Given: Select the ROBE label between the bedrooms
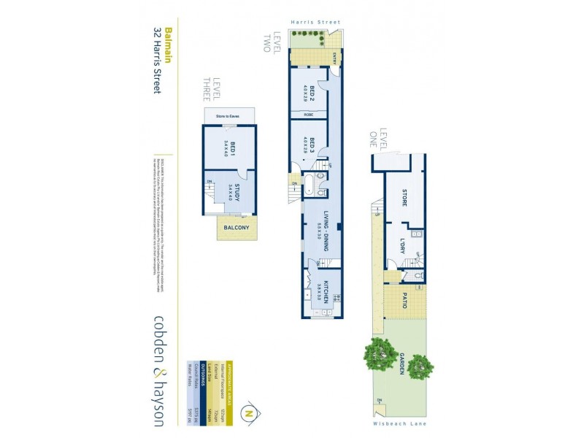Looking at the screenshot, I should (309, 115).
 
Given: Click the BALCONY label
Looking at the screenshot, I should (237, 227).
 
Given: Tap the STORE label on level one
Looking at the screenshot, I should (404, 197).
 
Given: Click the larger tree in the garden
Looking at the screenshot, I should (379, 353).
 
